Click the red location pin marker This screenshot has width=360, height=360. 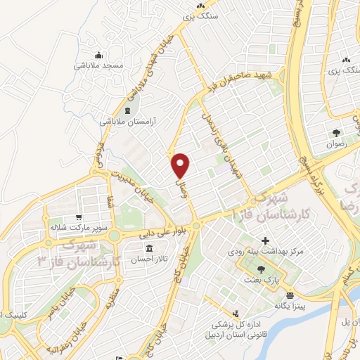coord(181,165)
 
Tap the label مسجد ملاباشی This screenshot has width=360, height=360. coord(98,65)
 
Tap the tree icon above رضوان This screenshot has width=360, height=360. coord(337,132)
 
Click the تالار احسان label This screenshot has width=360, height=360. coord(150,259)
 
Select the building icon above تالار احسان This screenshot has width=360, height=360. coord(150,248)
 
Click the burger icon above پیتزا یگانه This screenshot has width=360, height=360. coord(289,294)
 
